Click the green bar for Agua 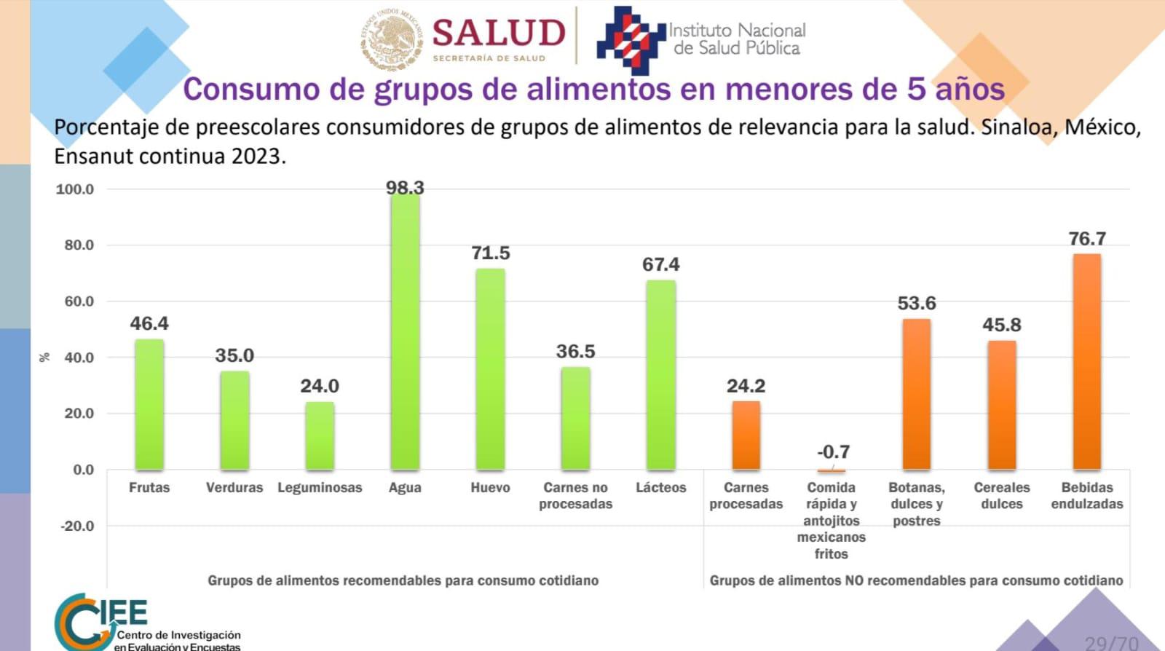tap(405, 331)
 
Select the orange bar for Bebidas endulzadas tap(1086, 361)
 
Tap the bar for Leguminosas tap(320, 435)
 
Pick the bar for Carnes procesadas tap(746, 435)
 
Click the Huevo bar tap(490, 369)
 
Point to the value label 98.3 tap(405, 188)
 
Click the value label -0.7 tap(833, 451)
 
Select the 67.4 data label tap(660, 264)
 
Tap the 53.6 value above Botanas tap(917, 303)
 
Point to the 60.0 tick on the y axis tap(79, 301)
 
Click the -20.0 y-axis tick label tap(77, 526)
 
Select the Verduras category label tap(234, 488)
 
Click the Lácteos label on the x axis tap(660, 488)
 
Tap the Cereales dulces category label tap(1002, 495)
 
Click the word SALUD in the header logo tap(499, 33)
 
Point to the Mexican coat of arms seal tap(392, 39)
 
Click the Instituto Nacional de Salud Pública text tap(737, 39)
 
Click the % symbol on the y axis tap(45, 357)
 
